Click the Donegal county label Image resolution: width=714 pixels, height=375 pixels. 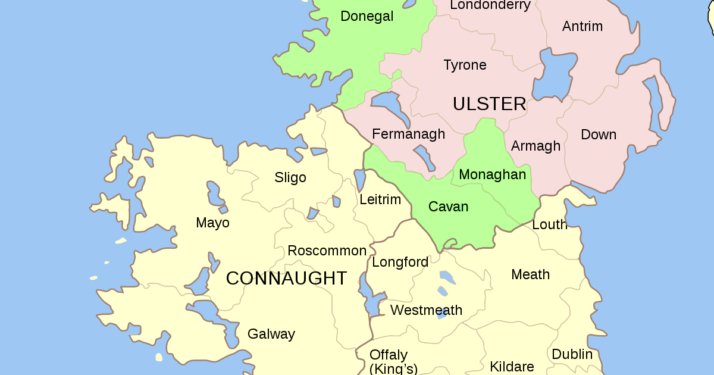367,17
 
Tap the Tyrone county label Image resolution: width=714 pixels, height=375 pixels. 465,65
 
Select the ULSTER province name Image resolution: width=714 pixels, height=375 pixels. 489,104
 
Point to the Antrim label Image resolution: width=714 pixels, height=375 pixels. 582,26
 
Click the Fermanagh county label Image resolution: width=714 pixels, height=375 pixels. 408,134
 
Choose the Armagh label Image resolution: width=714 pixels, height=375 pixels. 535,146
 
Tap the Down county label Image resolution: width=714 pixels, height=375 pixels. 598,135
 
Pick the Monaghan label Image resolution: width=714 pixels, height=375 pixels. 492,174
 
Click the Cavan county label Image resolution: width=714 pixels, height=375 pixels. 448,207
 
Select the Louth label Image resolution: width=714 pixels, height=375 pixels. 549,224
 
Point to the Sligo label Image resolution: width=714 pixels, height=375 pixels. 290,177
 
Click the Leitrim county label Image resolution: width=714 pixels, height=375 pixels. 380,199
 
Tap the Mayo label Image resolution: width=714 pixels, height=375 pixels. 212,223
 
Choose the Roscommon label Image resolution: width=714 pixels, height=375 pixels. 327,251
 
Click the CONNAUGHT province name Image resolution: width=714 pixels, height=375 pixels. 286,278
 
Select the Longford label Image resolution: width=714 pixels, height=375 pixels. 400,262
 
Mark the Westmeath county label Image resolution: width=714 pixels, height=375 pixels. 426,310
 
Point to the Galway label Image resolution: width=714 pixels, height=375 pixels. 271,334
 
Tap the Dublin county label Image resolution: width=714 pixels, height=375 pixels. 572,354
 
